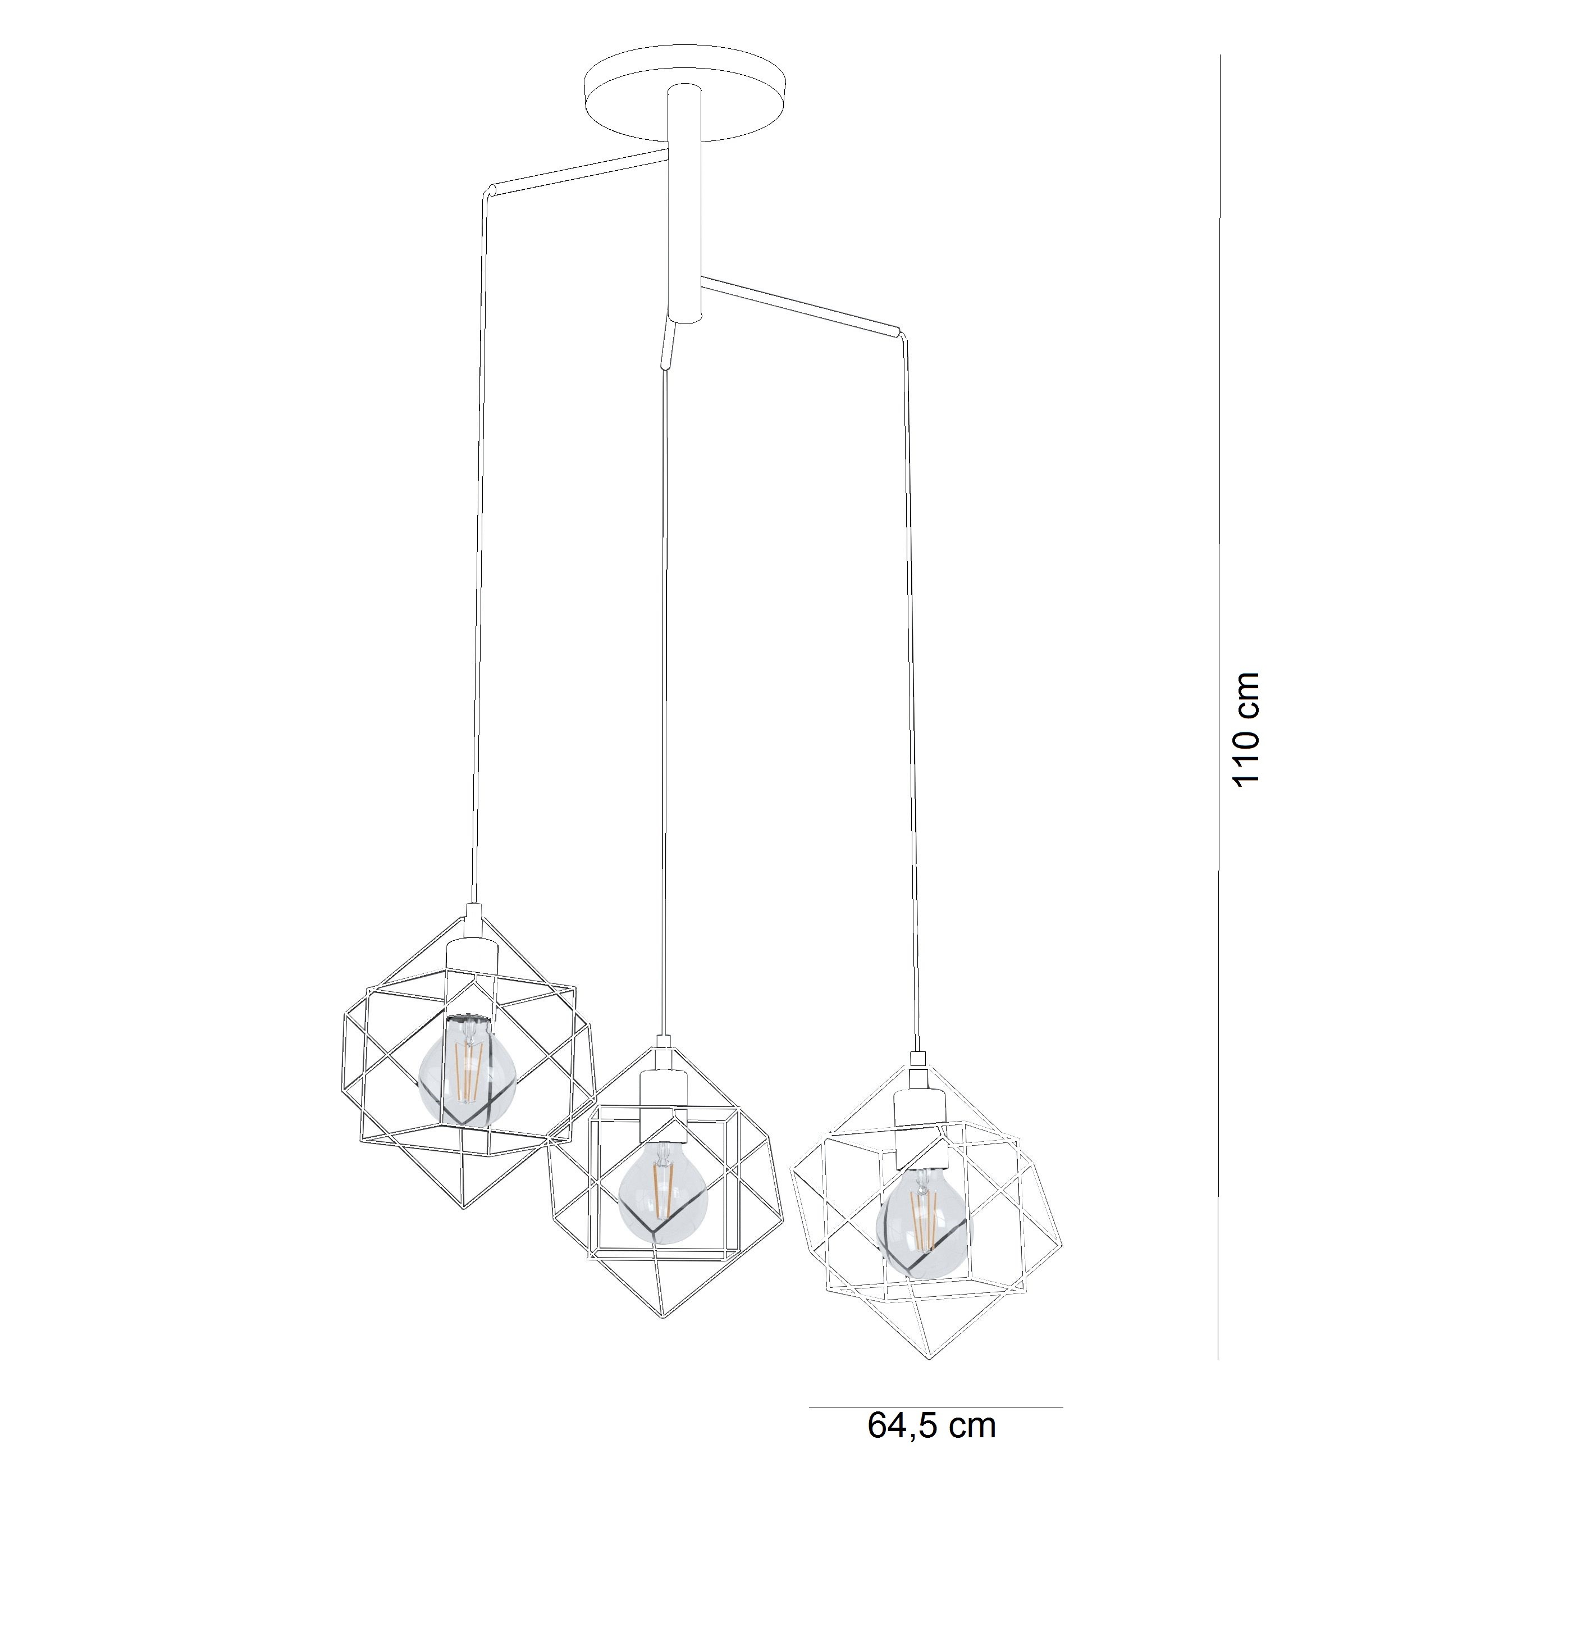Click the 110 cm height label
(x=1247, y=729)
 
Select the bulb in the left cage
(x=468, y=1071)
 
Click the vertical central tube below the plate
(x=684, y=204)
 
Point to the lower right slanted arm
(x=799, y=306)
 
